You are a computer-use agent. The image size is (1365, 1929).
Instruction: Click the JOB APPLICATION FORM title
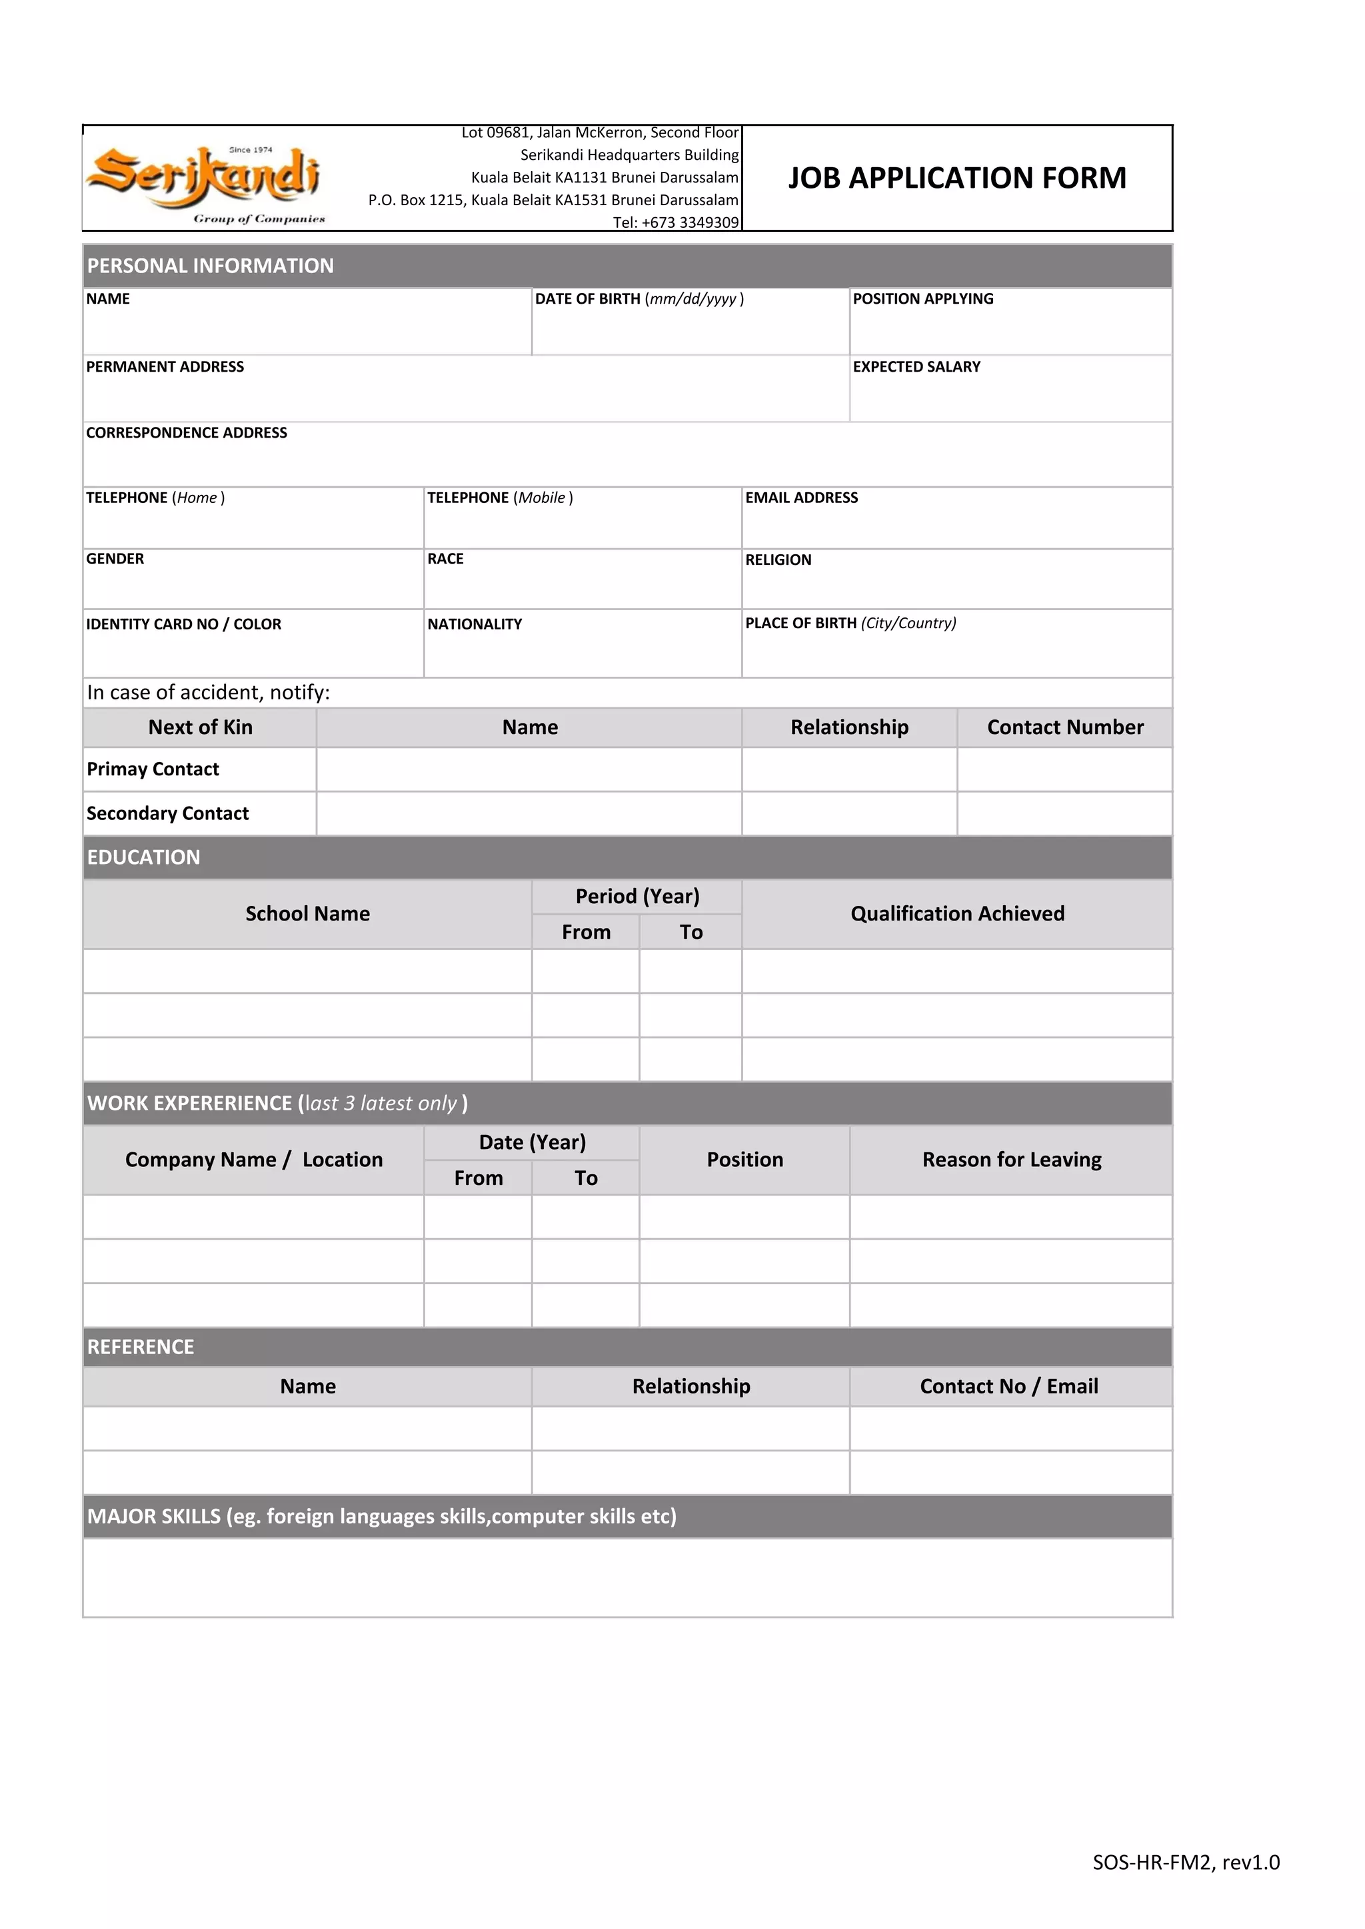[956, 178]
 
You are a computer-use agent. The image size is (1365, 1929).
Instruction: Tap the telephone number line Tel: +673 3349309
[675, 222]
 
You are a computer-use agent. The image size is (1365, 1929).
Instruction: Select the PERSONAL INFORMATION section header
[210, 266]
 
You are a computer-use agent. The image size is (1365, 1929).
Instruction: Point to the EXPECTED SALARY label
[916, 367]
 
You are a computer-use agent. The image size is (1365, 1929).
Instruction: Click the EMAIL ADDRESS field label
[801, 498]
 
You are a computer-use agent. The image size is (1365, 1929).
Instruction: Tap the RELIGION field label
[778, 560]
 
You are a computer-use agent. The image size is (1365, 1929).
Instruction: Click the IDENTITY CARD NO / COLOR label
[183, 624]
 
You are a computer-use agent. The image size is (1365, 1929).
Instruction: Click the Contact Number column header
[1064, 727]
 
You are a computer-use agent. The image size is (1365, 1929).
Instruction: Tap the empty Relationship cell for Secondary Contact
[849, 813]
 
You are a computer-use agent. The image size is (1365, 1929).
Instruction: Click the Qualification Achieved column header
[956, 913]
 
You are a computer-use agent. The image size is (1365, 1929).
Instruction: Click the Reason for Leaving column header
[1011, 1160]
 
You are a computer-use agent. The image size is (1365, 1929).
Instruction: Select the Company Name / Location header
[253, 1160]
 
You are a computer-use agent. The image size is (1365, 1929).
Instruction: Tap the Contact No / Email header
[1008, 1386]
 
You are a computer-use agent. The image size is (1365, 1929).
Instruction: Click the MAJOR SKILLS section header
[382, 1517]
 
